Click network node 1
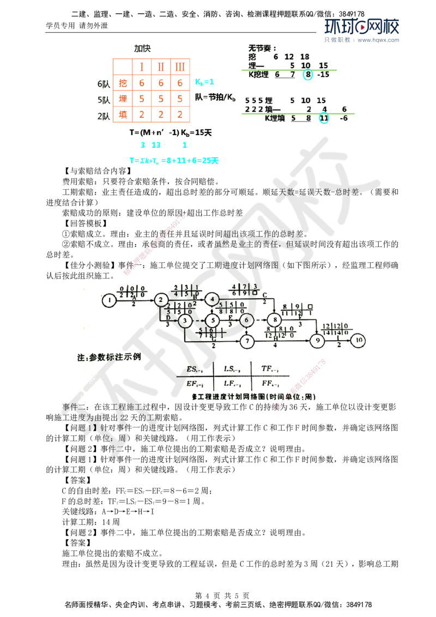pos(110,299)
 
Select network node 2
pos(160,299)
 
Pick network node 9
pos(317,341)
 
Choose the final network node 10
pos(358,341)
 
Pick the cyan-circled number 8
pos(308,75)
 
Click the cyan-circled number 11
pos(324,117)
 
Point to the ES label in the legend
pos(194,370)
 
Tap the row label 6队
pos(103,83)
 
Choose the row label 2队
pos(103,115)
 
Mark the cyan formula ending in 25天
pos(173,161)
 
